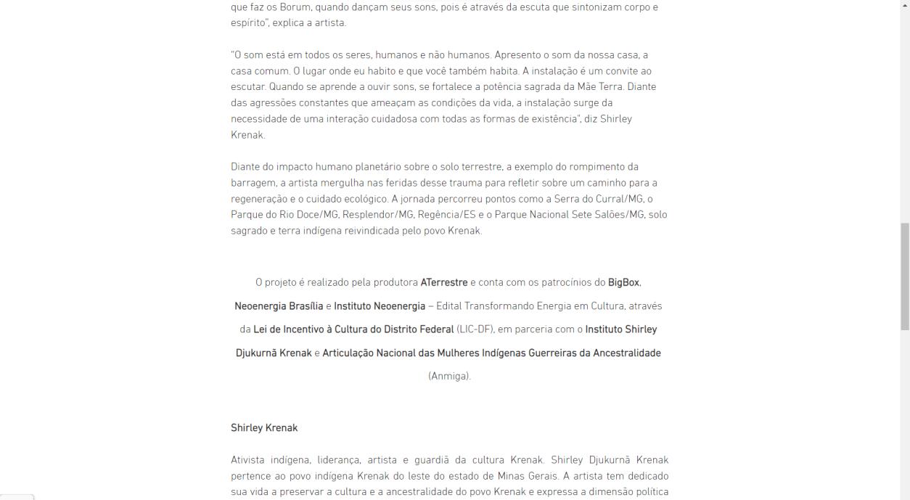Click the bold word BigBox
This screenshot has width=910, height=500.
624,282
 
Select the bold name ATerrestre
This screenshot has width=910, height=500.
444,282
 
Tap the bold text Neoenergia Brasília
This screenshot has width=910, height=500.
279,306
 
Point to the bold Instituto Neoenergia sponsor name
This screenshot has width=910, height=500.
380,306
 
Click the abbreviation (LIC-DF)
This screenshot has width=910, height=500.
475,329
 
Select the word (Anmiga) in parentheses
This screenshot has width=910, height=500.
449,376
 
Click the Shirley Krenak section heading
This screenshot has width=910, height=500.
264,428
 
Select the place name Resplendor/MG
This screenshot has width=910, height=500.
379,215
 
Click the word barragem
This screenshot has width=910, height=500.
253,183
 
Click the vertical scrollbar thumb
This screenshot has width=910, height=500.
904,276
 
